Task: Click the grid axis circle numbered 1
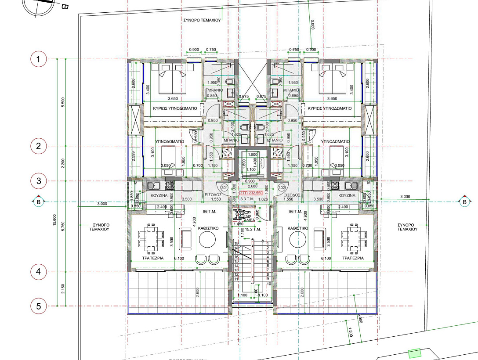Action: [39, 59]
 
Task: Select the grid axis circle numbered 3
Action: [39, 180]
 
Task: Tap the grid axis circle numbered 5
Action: [39, 306]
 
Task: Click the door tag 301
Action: [225, 188]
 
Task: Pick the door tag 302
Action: [282, 188]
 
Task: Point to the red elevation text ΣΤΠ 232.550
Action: [251, 193]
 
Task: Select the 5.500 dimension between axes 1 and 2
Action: [63, 103]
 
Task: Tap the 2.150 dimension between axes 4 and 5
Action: [63, 288]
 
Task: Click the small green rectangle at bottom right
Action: [414, 353]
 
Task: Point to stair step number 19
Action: [236, 243]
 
